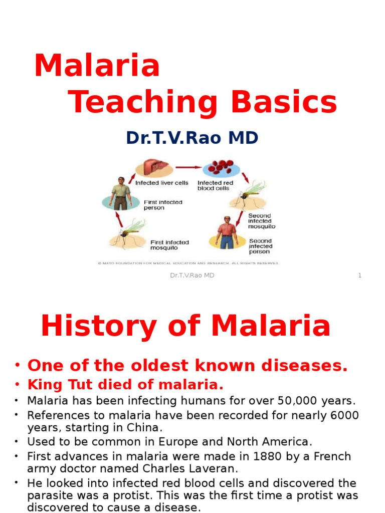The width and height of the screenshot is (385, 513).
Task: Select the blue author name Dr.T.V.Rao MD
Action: [x=192, y=137]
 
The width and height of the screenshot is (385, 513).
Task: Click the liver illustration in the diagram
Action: [x=154, y=168]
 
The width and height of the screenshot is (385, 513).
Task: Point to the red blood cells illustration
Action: [x=221, y=167]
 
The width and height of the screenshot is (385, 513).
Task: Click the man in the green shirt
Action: [x=120, y=193]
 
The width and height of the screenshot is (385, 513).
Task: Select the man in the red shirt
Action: [x=227, y=232]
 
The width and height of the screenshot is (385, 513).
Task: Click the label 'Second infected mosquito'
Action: [x=262, y=221]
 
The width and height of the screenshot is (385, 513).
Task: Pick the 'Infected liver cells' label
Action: [x=161, y=183]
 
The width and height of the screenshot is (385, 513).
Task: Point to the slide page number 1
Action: [x=359, y=275]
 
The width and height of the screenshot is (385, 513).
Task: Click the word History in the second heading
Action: [x=98, y=326]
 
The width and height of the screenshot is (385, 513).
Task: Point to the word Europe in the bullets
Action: [x=178, y=442]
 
